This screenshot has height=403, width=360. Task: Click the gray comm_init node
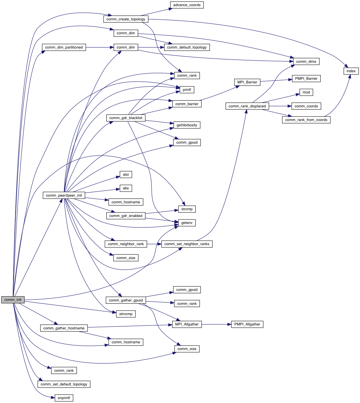tap(13, 300)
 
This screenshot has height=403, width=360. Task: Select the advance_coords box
tap(187, 5)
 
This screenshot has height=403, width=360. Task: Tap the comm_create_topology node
tap(126, 19)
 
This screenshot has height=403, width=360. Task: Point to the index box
tap(351, 71)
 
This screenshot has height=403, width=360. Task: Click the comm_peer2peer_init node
tap(64, 195)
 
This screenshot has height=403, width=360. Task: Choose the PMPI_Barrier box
tap(306, 79)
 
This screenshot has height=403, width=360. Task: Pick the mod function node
tap(306, 92)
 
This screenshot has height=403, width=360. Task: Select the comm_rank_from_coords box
tap(306, 120)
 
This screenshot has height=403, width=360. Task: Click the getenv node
tap(187, 223)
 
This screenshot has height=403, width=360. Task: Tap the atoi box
tap(126, 175)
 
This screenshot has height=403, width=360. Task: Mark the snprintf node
tap(64, 398)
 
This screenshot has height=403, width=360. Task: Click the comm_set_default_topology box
tap(64, 384)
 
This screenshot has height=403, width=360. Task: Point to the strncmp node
tap(126, 314)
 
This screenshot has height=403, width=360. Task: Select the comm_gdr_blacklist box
tap(126, 118)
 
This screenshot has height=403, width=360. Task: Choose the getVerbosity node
tap(187, 125)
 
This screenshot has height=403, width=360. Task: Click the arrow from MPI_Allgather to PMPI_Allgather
tap(216, 324)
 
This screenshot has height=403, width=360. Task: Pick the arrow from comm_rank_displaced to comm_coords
tap(280, 106)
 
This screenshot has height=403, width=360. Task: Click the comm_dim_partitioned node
tap(64, 47)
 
